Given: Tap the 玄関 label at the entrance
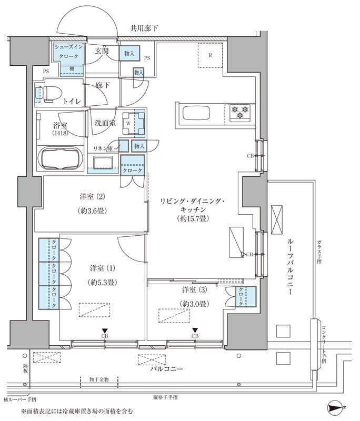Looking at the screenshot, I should pyautogui.click(x=102, y=52).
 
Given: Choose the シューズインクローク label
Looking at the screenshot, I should pyautogui.click(x=68, y=52).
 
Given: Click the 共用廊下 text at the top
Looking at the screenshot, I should pyautogui.click(x=144, y=28).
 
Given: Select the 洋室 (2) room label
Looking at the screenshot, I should pyautogui.click(x=93, y=197).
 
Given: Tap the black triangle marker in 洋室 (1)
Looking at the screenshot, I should pyautogui.click(x=105, y=330).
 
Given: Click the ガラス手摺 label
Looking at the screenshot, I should pyautogui.click(x=319, y=253).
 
